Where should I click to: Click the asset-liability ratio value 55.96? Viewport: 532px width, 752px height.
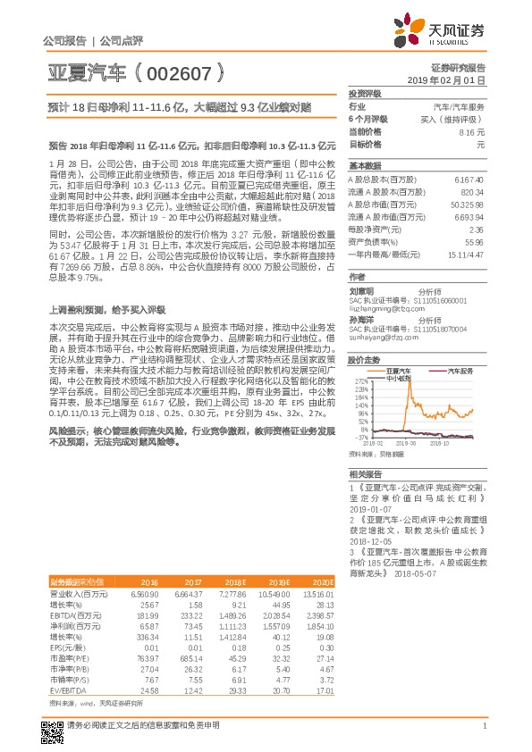474,241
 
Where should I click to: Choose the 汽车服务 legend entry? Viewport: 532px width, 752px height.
456,370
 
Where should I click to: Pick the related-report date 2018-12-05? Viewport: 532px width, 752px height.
371,540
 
